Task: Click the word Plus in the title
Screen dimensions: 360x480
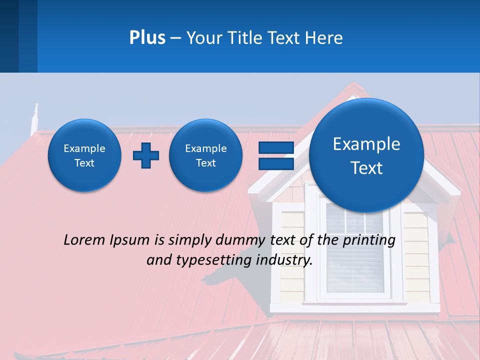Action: (x=147, y=38)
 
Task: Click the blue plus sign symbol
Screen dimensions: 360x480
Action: (x=146, y=155)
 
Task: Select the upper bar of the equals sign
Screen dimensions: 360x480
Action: (x=276, y=147)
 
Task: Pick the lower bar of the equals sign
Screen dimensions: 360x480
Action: (x=276, y=163)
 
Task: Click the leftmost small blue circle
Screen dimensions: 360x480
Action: (x=84, y=155)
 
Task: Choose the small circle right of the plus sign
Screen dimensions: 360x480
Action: (x=206, y=155)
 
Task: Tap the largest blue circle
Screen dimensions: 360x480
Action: (x=366, y=155)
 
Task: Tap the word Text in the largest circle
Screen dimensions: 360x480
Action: (x=366, y=168)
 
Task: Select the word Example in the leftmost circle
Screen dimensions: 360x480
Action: (x=84, y=148)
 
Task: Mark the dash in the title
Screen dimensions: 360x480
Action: (x=175, y=38)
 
